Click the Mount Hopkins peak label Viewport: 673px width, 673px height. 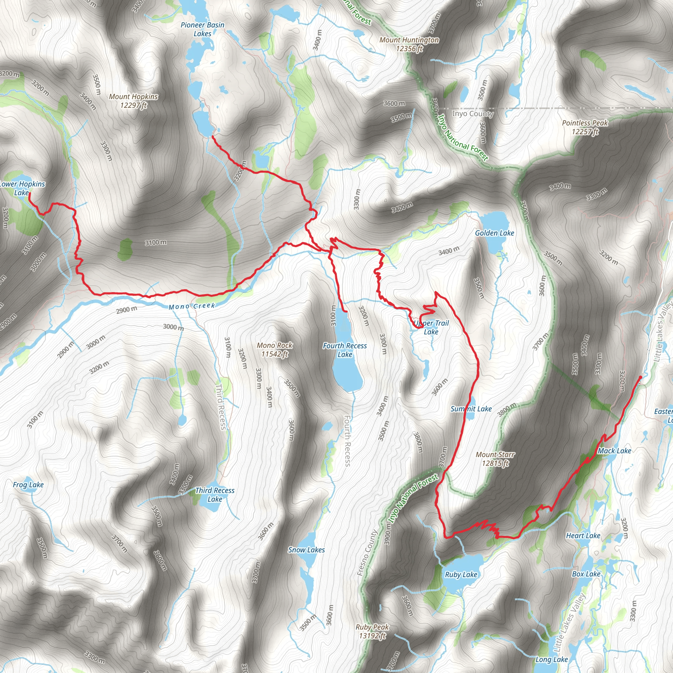tap(133, 101)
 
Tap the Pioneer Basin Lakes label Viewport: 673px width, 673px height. tap(202, 29)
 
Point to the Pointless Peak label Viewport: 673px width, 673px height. tap(585, 127)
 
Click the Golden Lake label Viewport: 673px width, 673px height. tap(495, 233)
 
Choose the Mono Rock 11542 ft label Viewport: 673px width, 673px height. tap(274, 350)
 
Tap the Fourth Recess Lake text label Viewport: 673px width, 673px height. tap(345, 350)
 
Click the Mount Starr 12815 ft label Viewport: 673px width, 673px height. tap(495, 459)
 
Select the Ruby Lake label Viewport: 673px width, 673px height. tap(461, 574)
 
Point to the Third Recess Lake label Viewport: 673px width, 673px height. tap(215, 495)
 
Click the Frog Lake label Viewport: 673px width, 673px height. tap(28, 485)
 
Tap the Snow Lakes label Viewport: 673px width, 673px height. tap(306, 550)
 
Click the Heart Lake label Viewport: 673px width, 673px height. tap(583, 536)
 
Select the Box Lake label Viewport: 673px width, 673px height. tap(586, 574)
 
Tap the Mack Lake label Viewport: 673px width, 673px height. tap(615, 451)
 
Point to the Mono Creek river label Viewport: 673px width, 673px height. tap(192, 306)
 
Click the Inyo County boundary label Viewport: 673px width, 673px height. tap(473, 114)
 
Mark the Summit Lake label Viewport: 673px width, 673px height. tap(471, 409)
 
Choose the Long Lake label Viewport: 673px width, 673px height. tap(552, 660)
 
